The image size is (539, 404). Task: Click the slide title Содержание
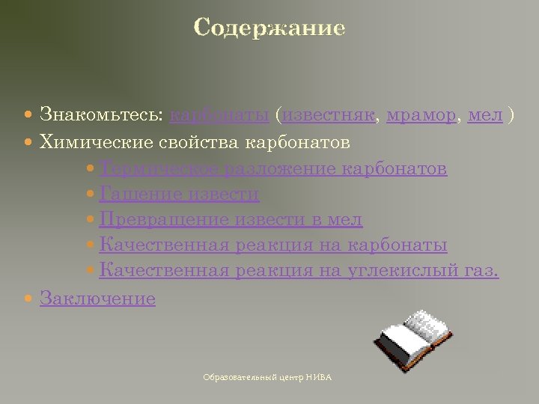click(x=269, y=28)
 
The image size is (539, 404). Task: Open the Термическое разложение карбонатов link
click(x=273, y=168)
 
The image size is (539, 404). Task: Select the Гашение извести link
click(x=179, y=195)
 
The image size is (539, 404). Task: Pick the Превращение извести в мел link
click(x=231, y=220)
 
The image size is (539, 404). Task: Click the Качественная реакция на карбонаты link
click(x=273, y=245)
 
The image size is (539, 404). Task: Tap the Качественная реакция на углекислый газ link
click(x=299, y=271)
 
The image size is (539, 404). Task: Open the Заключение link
click(x=97, y=299)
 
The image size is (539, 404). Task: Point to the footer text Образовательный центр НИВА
click(x=267, y=378)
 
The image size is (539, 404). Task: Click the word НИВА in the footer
click(x=318, y=378)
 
